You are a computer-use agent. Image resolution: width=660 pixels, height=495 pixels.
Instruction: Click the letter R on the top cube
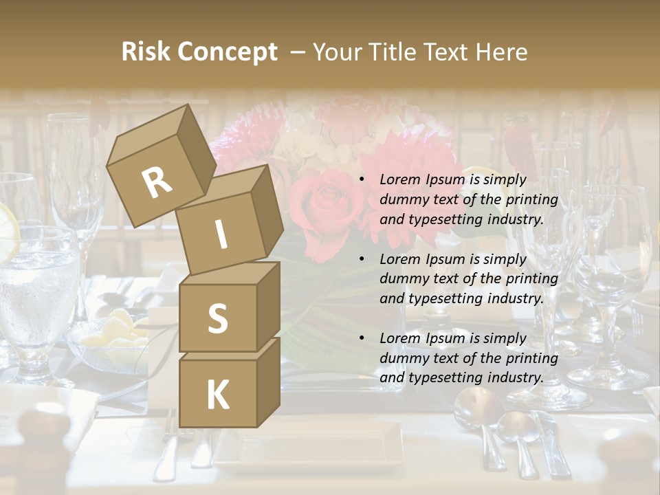(157, 182)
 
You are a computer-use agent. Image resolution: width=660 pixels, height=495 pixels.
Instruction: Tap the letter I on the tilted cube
(221, 234)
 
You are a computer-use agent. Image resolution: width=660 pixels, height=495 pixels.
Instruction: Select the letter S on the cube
(217, 318)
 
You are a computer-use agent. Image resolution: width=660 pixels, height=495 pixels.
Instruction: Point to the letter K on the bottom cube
(217, 395)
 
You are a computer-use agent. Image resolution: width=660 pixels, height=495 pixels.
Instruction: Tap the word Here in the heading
(501, 52)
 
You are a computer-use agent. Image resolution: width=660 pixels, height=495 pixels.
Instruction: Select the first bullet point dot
(362, 180)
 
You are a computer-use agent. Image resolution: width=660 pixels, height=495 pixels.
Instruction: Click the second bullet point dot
(362, 260)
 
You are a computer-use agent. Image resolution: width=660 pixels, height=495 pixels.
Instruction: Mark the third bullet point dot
(362, 339)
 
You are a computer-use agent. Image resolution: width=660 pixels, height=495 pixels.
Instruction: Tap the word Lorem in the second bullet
(399, 259)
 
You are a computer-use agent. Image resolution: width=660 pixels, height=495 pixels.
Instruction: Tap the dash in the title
(298, 52)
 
